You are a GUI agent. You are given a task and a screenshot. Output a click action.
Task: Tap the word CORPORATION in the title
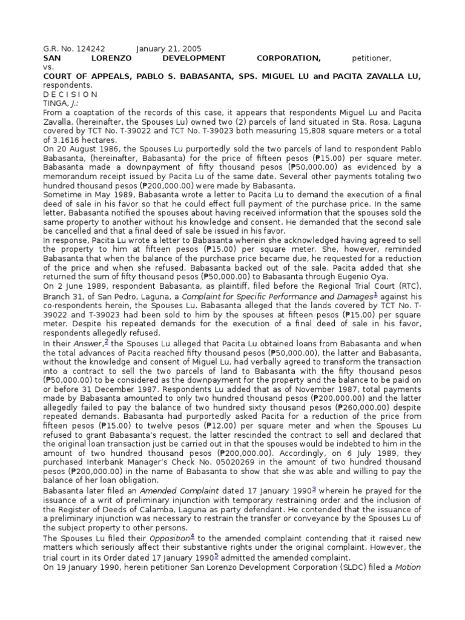[288, 58]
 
